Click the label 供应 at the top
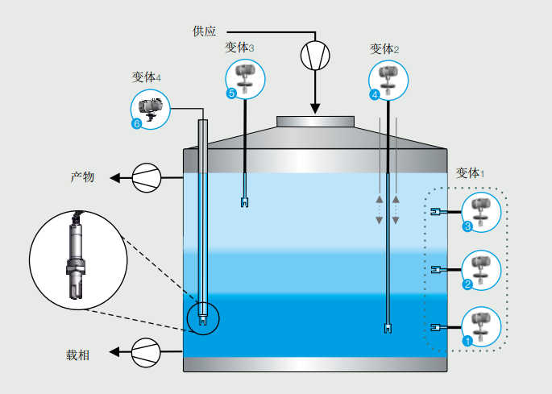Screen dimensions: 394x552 [x=205, y=31]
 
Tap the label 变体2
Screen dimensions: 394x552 [x=384, y=49]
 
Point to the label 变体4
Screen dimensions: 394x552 [x=147, y=77]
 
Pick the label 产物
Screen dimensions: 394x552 [x=82, y=176]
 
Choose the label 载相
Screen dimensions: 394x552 [x=82, y=354]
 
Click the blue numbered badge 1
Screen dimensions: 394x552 [x=467, y=340]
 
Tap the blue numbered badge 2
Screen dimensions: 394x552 [x=467, y=284]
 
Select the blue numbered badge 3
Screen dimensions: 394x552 [x=467, y=227]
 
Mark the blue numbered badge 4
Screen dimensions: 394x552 [x=375, y=94]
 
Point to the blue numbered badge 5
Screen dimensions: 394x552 [x=232, y=94]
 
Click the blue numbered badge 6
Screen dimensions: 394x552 [x=136, y=124]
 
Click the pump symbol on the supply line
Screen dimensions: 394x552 [x=315, y=55]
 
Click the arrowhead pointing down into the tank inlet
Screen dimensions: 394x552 [x=315, y=108]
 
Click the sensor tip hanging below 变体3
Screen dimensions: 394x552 [x=243, y=202]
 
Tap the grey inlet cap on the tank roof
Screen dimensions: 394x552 [x=315, y=122]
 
